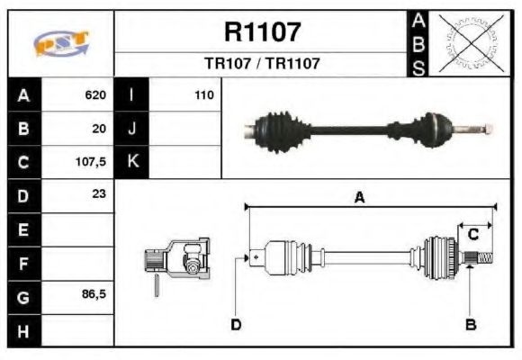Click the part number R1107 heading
pyautogui.click(x=262, y=32)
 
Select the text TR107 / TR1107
pyautogui.click(x=262, y=64)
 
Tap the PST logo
pyautogui.click(x=60, y=43)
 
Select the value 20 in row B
pyautogui.click(x=99, y=128)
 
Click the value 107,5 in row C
pyautogui.click(x=92, y=162)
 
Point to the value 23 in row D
pyautogui.click(x=99, y=194)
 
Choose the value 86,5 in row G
pyautogui.click(x=94, y=294)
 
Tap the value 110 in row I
pyautogui.click(x=203, y=94)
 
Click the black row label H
pyautogui.click(x=23, y=329)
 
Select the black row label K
pyautogui.click(x=131, y=162)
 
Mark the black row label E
pyautogui.click(x=23, y=229)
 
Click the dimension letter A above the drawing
pyautogui.click(x=359, y=198)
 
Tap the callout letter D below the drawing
pyautogui.click(x=236, y=324)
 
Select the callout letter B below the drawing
pyautogui.click(x=470, y=324)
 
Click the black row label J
pyautogui.click(x=131, y=128)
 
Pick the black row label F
pyautogui.click(x=23, y=262)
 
